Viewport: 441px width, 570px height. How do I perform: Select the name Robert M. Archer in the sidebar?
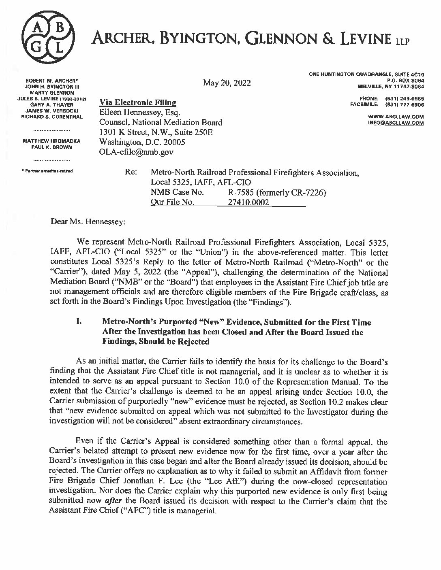click(53, 81)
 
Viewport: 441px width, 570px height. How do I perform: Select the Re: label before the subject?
click(131, 173)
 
